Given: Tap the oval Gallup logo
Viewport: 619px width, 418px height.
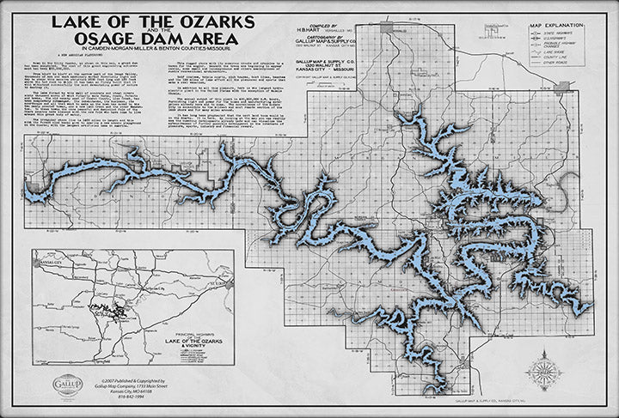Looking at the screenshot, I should (68, 383).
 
